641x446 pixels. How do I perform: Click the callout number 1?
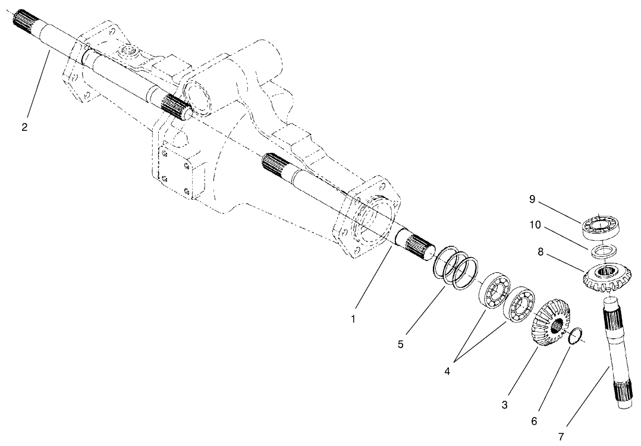tap(353, 319)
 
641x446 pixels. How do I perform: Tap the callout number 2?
tap(24, 127)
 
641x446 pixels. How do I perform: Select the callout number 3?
tap(504, 406)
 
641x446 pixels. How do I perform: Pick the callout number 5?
tap(401, 344)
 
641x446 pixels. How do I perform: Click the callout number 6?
tap(533, 421)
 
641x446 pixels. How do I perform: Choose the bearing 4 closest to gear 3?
tap(519, 304)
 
